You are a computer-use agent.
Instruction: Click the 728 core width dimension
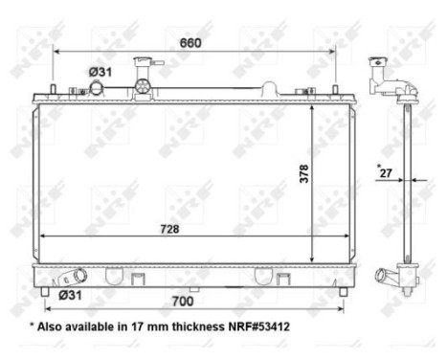pos(171,229)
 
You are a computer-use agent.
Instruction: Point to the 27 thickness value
pos(385,172)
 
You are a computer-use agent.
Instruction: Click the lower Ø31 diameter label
pos(70,294)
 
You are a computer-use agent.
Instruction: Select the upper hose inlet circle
pos(97,89)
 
